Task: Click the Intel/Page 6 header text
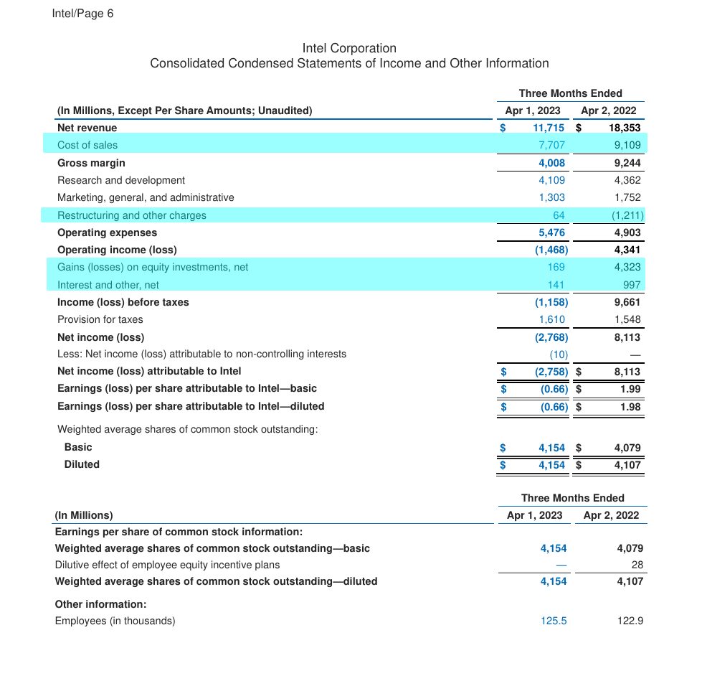[x=82, y=14]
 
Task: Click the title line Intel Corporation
[x=349, y=48]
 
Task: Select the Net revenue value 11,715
[x=549, y=128]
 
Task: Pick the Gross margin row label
[x=91, y=163]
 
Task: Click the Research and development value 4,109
[x=551, y=180]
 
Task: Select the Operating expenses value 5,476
[x=551, y=232]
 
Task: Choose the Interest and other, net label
[x=108, y=285]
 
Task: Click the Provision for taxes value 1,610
[x=551, y=319]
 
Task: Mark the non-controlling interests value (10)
[x=559, y=354]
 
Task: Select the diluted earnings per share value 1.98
[x=630, y=406]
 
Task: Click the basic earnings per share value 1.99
[x=630, y=388]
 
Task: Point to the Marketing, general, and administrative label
[x=146, y=197]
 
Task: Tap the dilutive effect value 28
[x=637, y=565]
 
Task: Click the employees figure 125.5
[x=554, y=621]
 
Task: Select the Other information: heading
[x=100, y=604]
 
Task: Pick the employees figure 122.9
[x=630, y=621]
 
